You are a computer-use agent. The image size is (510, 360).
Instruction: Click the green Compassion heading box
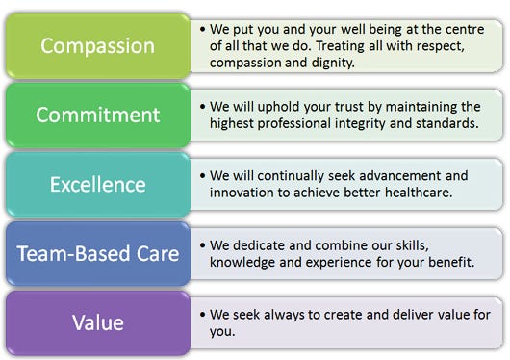[x=98, y=45]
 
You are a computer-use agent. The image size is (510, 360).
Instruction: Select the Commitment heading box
[x=98, y=115]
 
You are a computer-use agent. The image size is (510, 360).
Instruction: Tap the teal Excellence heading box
[x=98, y=185]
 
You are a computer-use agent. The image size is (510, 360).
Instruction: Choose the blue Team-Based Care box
[x=98, y=253]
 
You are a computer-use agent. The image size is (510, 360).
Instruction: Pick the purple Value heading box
[x=98, y=322]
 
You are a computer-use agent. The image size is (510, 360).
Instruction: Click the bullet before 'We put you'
[x=203, y=29]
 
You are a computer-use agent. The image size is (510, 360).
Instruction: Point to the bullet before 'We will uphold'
[x=203, y=107]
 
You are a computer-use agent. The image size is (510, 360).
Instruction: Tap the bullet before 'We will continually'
[x=203, y=176]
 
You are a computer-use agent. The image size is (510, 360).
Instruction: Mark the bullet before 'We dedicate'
[x=203, y=245]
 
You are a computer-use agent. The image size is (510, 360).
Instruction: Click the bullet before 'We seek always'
[x=203, y=315]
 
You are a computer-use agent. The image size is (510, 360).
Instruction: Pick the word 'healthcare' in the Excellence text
[x=419, y=193]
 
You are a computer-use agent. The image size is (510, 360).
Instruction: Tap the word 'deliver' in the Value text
[x=413, y=315]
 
